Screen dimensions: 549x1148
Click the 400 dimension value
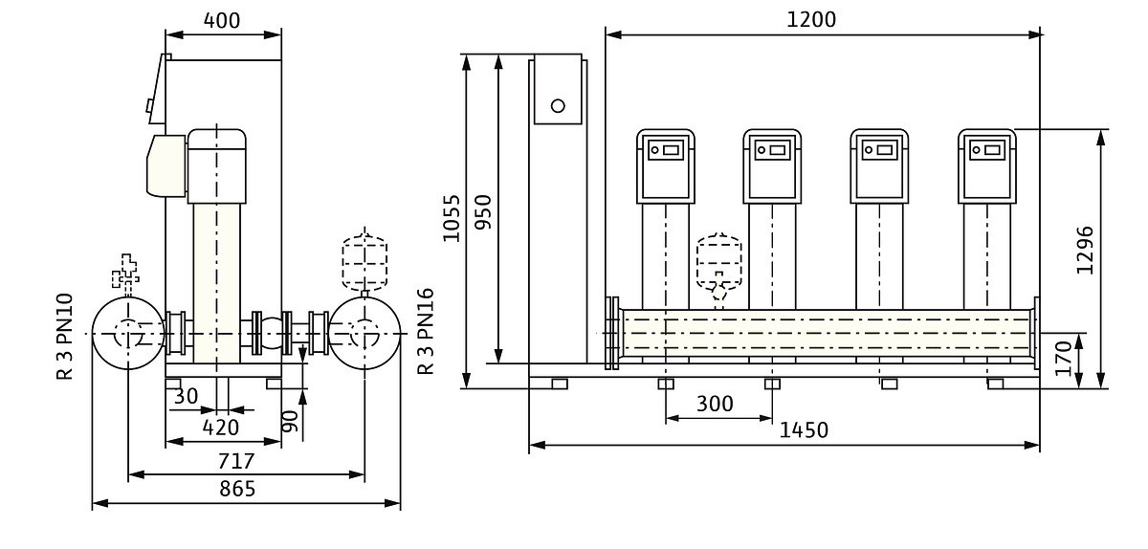[x=222, y=20]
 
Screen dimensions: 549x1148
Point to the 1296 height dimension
[x=1084, y=250]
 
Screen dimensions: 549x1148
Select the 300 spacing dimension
[x=715, y=404]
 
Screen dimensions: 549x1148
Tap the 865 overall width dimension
[x=237, y=489]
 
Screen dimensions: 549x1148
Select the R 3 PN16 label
[x=426, y=332]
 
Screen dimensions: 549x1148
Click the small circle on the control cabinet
[x=558, y=104]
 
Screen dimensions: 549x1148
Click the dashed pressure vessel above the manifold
[x=718, y=258]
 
